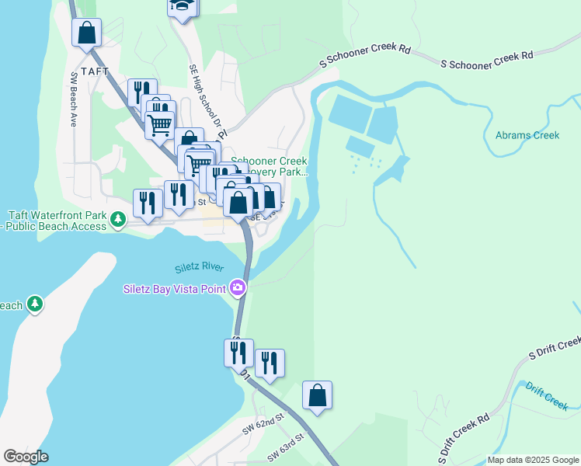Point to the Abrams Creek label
[527, 135]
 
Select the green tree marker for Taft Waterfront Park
[117, 221]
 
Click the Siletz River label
[199, 266]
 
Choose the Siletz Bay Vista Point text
[175, 289]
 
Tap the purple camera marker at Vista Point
[238, 288]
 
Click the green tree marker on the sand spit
[35, 304]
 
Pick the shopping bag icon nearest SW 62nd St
[317, 395]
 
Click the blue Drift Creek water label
[546, 396]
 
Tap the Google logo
[26, 457]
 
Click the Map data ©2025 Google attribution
[533, 460]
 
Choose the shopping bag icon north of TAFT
[87, 33]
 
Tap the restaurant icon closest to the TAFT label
[142, 92]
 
